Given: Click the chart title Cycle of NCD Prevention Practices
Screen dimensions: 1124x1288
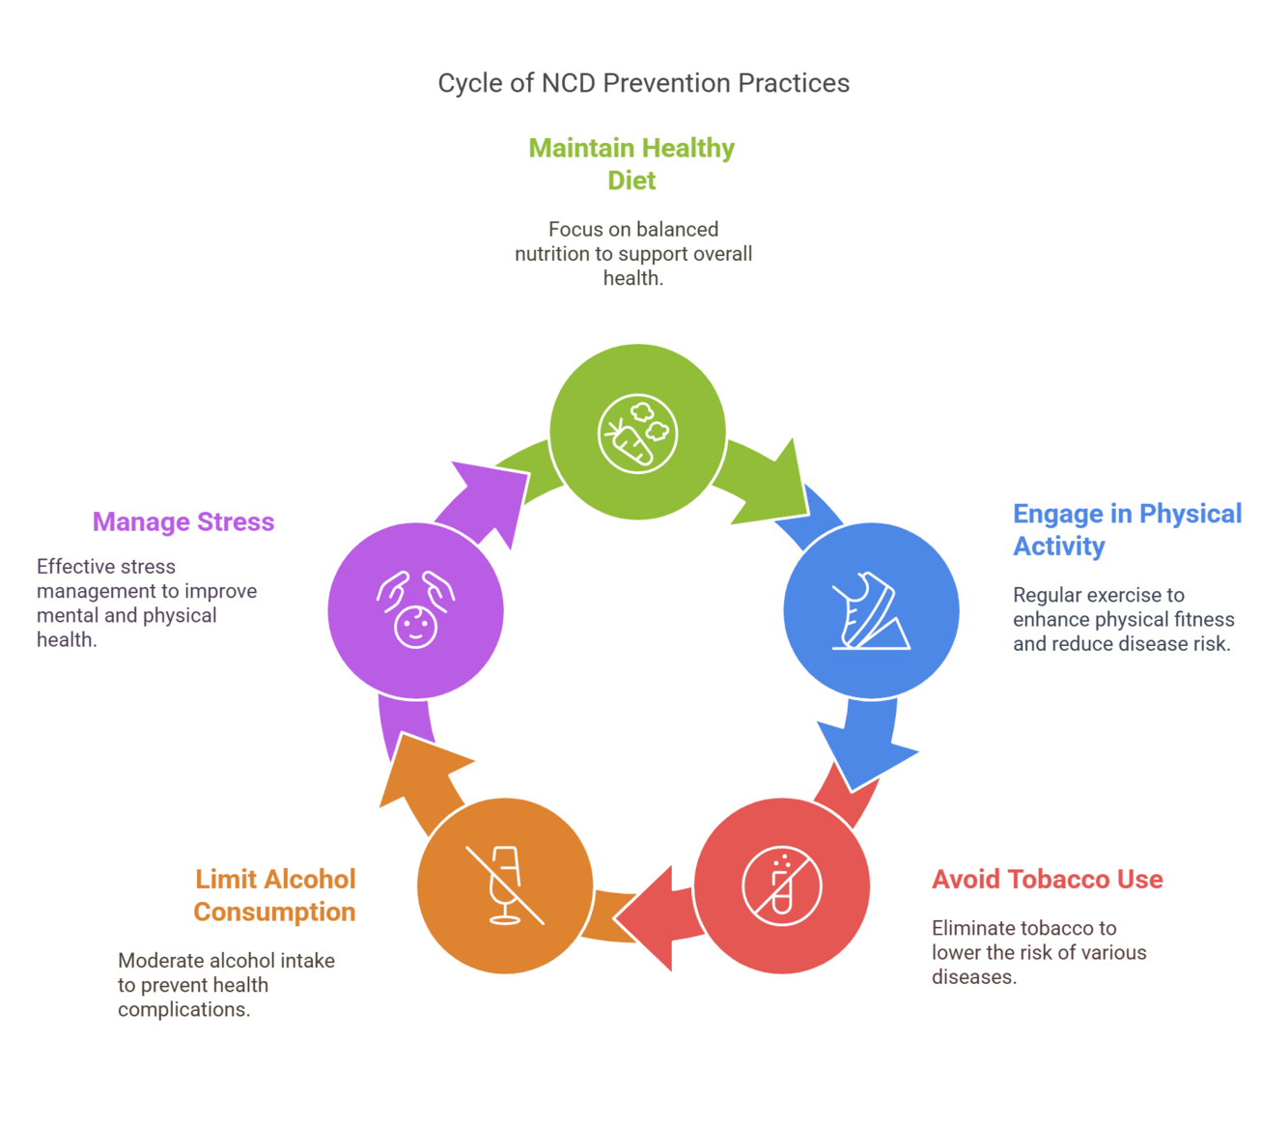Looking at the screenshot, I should coord(643,83).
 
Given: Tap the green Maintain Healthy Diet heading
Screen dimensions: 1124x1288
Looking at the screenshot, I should coord(631,164).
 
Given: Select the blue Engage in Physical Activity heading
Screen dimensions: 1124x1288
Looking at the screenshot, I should coord(1126,529).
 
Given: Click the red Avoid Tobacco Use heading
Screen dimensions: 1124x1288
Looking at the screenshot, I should coord(1047,880).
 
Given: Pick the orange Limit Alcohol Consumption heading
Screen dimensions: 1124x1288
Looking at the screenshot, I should coord(275,895).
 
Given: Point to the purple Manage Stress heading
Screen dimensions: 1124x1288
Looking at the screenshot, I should coord(183,521).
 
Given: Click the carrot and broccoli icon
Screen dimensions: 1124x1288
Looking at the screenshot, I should coord(637,433).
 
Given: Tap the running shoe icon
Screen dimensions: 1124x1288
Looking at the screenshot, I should coord(871,611).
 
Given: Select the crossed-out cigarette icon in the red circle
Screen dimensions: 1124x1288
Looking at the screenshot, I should coord(781,885).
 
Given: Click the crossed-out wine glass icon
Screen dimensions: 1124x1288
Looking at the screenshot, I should coord(505,885).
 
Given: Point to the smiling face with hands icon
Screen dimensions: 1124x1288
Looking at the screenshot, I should coord(415,610).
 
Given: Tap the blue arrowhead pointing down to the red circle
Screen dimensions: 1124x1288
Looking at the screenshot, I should coord(864,753).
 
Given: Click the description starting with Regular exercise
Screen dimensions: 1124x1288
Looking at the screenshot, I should coord(1123,619).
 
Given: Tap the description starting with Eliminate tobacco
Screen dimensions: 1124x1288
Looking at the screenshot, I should coord(1039,952).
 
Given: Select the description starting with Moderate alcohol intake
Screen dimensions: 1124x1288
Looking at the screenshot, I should coord(226,985).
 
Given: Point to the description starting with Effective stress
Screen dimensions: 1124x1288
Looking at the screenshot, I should coord(147,603).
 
